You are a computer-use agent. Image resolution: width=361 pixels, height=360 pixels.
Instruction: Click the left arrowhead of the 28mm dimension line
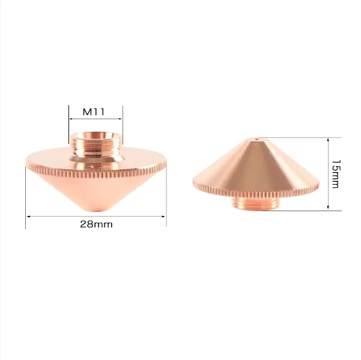(x=28, y=216)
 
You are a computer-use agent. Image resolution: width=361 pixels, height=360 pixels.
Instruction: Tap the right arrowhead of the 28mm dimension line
(x=164, y=216)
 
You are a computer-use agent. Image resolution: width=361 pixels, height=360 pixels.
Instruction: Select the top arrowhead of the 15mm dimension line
(x=327, y=140)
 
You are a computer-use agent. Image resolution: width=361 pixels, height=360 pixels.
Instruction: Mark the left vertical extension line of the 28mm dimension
(x=25, y=198)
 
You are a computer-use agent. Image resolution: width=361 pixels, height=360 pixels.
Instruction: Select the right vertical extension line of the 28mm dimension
(x=166, y=198)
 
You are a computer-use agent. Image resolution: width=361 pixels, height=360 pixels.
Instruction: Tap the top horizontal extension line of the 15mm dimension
(x=300, y=137)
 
